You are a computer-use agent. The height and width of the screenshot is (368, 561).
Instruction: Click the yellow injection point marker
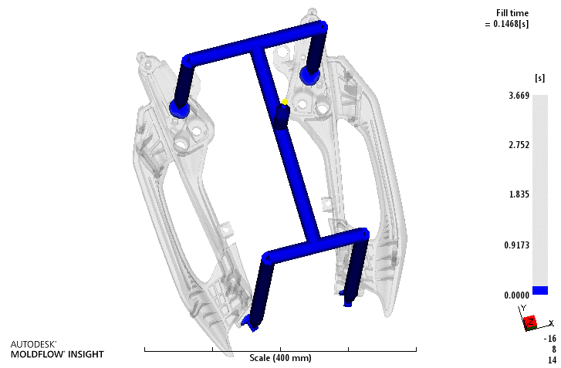click(x=285, y=102)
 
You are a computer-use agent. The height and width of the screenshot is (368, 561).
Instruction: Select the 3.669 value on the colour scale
click(x=519, y=96)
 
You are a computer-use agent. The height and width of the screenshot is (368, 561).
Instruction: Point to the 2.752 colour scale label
click(x=519, y=145)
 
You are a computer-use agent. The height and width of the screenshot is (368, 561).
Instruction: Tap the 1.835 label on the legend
click(x=519, y=194)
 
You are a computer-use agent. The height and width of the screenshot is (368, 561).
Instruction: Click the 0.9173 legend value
click(x=517, y=245)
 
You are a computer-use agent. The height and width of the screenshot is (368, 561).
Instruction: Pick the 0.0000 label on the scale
click(x=517, y=295)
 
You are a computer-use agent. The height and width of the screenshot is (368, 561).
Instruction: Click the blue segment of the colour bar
click(x=540, y=290)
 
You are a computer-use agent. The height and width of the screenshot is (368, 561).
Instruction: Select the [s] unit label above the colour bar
click(x=539, y=78)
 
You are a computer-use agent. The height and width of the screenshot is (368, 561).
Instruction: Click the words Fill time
click(x=512, y=13)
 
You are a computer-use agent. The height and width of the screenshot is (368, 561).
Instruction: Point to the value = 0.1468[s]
click(x=507, y=24)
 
